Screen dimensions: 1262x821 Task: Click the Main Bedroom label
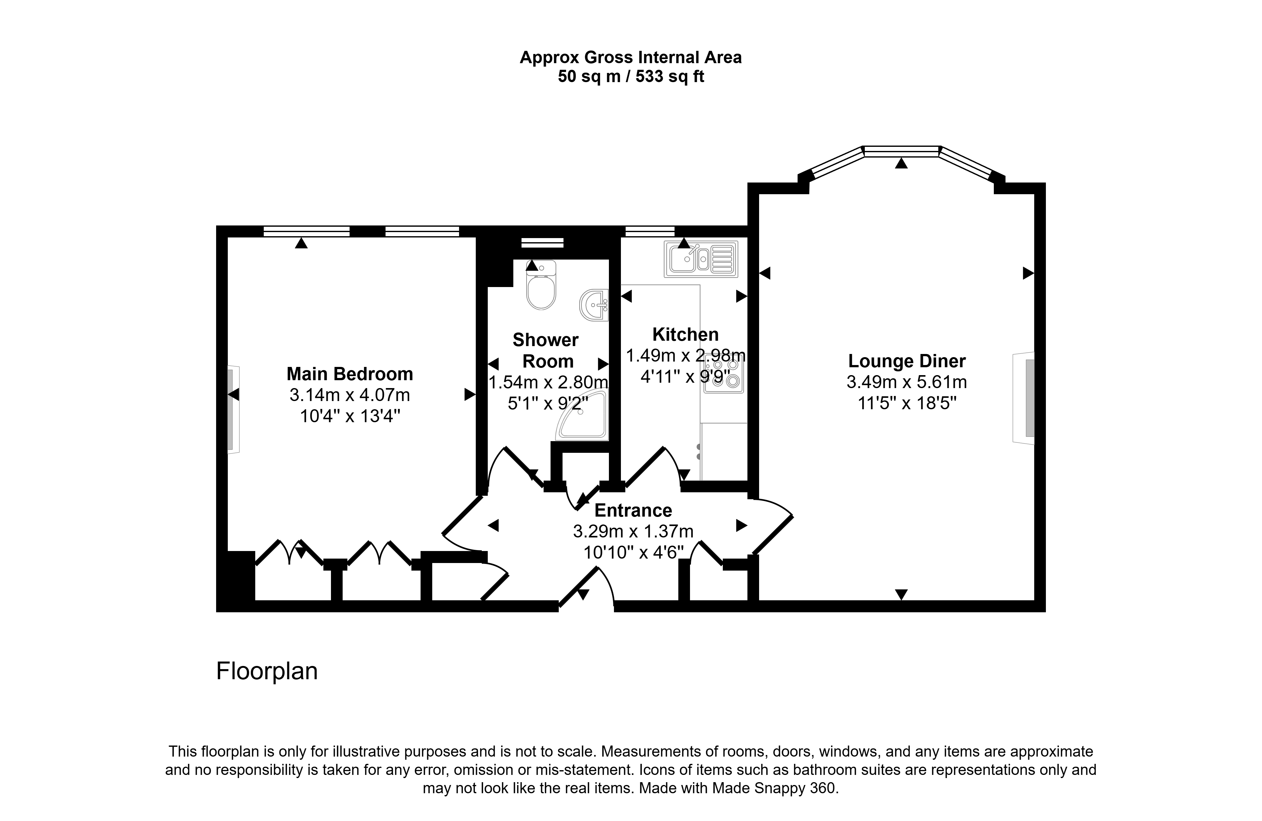point(350,374)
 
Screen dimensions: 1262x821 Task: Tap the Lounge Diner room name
point(907,361)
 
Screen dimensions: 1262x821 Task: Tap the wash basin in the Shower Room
point(594,305)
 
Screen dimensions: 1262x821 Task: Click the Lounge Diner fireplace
point(1024,398)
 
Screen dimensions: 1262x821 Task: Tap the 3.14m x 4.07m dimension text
point(350,395)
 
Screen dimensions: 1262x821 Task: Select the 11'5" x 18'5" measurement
point(907,403)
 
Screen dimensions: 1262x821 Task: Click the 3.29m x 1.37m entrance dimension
point(633,531)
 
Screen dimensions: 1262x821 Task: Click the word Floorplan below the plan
point(267,671)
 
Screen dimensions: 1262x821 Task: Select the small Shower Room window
point(542,243)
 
